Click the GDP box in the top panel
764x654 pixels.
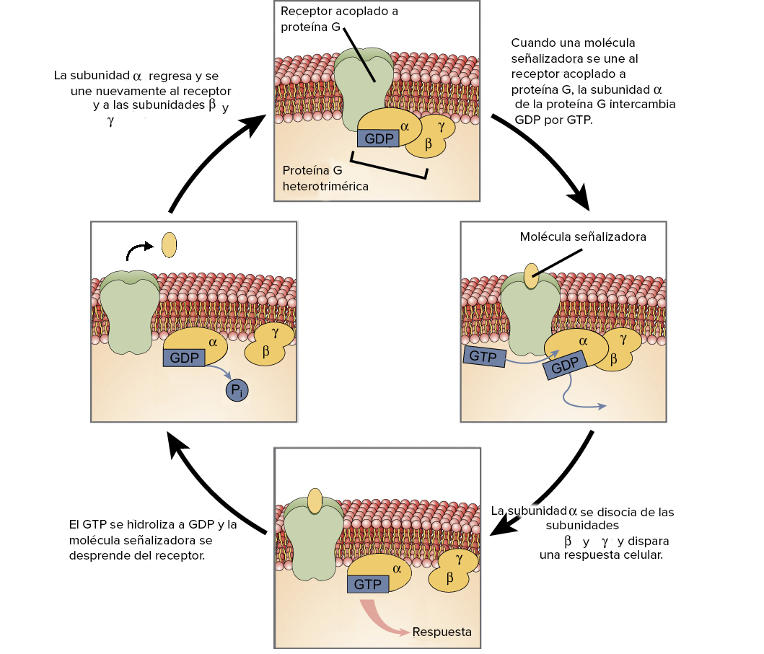click(x=378, y=137)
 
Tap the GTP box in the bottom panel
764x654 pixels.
click(x=367, y=583)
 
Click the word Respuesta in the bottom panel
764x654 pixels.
click(x=442, y=632)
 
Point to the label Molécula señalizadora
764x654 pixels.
click(x=582, y=237)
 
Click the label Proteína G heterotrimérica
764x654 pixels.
click(x=325, y=178)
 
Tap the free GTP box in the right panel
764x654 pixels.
click(x=483, y=356)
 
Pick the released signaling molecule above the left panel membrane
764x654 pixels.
click(x=169, y=245)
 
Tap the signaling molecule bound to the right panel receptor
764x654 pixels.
click(x=530, y=276)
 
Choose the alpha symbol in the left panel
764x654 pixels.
click(x=213, y=342)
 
